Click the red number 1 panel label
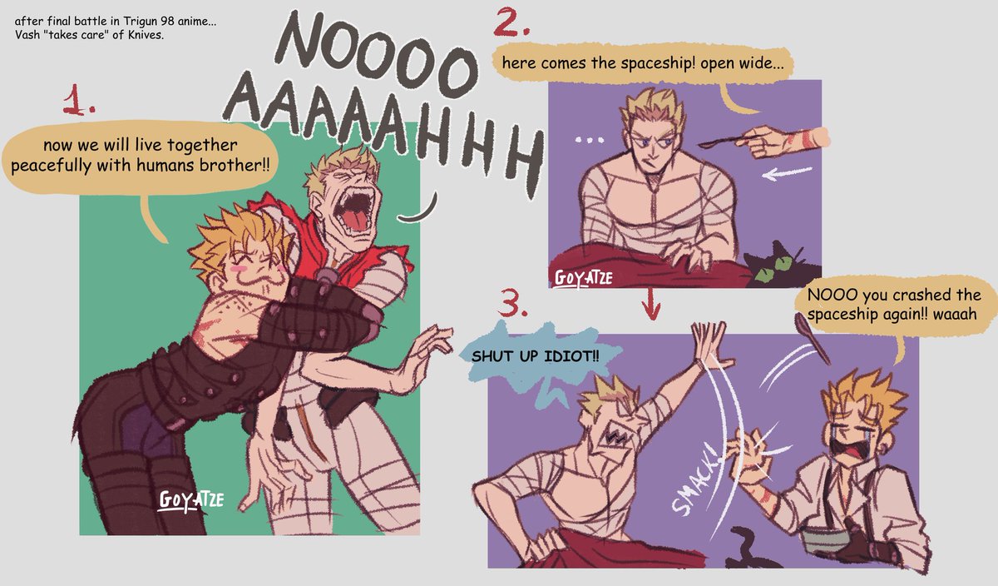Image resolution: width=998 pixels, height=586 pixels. (78, 101)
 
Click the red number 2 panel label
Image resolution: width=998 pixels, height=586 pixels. (511, 22)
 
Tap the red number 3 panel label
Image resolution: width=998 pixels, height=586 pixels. (512, 303)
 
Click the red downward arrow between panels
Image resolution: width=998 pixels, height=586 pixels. (651, 304)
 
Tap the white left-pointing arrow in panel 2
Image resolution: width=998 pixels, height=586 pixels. (787, 173)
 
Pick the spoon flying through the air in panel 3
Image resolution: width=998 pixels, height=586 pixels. (812, 337)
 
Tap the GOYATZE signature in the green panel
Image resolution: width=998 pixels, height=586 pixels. (191, 500)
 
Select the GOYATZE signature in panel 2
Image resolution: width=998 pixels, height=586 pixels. (584, 278)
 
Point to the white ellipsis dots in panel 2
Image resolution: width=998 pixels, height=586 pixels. (590, 140)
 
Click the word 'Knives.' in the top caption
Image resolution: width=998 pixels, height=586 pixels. (146, 35)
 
